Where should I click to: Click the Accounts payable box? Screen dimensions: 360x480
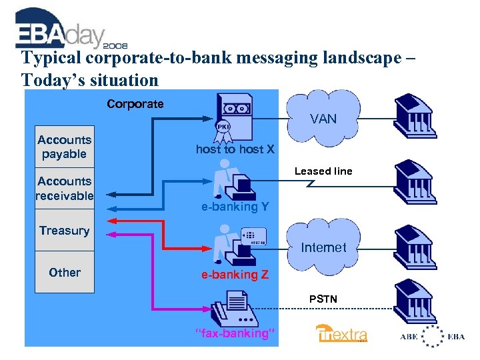(x=64, y=147)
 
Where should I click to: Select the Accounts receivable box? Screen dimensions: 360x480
(x=64, y=188)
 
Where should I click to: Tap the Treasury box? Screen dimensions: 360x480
(x=64, y=231)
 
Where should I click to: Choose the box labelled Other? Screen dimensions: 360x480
(x=64, y=273)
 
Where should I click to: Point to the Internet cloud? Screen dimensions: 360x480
(x=323, y=247)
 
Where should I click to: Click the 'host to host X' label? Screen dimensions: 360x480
(x=235, y=149)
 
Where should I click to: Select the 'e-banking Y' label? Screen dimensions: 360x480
(x=235, y=207)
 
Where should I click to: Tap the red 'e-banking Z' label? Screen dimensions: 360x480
(x=235, y=275)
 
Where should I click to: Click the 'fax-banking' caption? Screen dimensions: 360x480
(x=235, y=333)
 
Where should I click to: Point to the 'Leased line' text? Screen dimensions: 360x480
(x=323, y=171)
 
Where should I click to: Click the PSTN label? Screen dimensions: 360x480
(x=323, y=299)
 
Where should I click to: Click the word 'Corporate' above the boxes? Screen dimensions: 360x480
(x=135, y=104)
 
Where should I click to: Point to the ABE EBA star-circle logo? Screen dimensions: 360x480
(x=433, y=337)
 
